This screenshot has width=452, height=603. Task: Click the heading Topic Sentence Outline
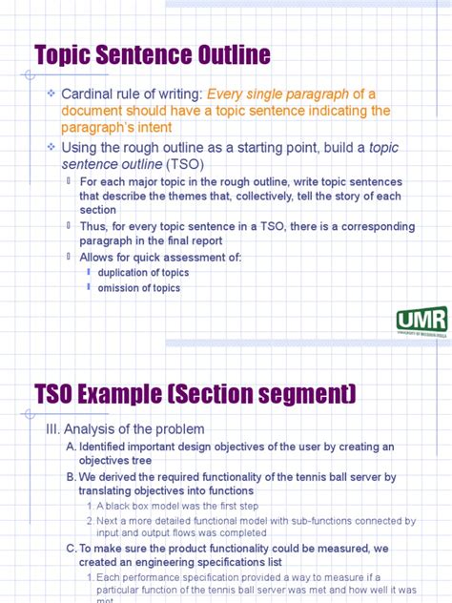[153, 54]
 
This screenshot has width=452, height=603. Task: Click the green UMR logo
[421, 320]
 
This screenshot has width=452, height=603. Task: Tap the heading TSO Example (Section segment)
[195, 393]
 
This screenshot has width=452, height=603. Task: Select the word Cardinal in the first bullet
[92, 94]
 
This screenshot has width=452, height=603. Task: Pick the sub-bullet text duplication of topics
[143, 273]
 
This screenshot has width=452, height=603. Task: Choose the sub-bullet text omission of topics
[139, 288]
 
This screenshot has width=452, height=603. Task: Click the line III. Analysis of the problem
[125, 429]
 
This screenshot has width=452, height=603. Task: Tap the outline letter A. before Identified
[72, 447]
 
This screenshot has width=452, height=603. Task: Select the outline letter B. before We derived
[72, 476]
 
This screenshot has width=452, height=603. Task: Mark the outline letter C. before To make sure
[72, 549]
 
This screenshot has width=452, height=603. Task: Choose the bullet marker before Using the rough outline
[51, 148]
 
